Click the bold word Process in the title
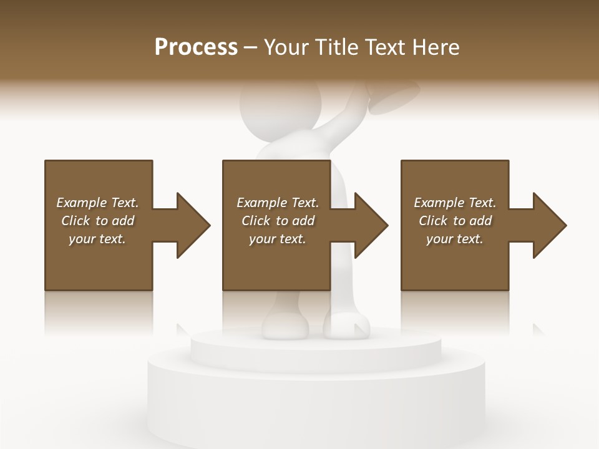(x=196, y=47)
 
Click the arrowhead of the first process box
(x=192, y=225)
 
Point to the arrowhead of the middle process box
(x=370, y=225)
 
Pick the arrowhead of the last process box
(x=548, y=225)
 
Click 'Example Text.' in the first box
(x=97, y=203)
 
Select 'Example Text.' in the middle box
(x=278, y=203)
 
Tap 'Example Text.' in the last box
(x=455, y=203)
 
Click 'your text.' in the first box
(x=97, y=239)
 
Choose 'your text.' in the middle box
(x=278, y=239)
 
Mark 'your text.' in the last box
(x=455, y=239)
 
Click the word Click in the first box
(x=75, y=221)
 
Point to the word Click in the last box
(x=433, y=221)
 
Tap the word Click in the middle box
(x=256, y=221)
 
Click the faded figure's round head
(x=281, y=109)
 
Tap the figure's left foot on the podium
(x=285, y=326)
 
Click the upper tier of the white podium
(x=315, y=343)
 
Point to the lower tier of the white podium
(x=315, y=399)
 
